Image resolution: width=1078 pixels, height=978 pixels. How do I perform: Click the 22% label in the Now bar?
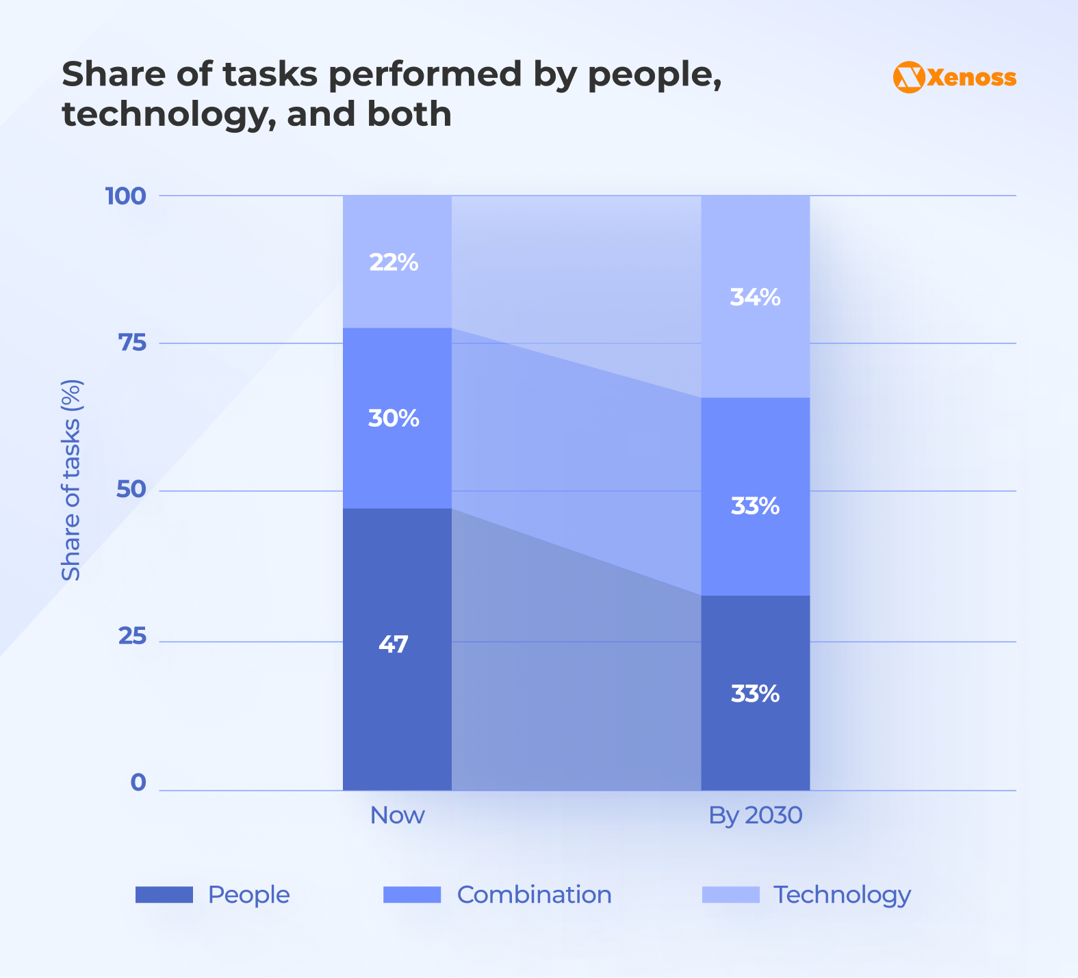tap(394, 263)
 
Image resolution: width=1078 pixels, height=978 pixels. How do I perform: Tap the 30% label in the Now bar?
tap(394, 418)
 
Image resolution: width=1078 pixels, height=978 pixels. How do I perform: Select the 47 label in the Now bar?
tap(394, 644)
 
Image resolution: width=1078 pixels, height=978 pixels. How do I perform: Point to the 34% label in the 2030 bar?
tap(755, 298)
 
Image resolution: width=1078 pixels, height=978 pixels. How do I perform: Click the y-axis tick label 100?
tap(125, 196)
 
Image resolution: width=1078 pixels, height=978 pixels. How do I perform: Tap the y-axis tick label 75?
tap(133, 343)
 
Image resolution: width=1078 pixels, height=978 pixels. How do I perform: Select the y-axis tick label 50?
tap(132, 490)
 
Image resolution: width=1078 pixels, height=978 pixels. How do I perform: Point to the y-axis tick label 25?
tap(133, 637)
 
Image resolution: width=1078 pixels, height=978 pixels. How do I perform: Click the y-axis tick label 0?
tap(138, 782)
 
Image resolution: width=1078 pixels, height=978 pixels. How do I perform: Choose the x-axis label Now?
tap(397, 815)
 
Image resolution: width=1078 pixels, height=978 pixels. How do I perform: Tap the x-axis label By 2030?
tap(755, 815)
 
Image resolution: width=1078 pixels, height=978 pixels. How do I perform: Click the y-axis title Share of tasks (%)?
tap(71, 480)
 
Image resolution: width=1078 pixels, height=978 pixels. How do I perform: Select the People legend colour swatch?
tap(164, 895)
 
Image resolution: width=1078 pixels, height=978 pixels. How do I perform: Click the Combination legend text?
tap(534, 895)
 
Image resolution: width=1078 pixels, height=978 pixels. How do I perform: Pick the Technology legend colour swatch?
tap(730, 895)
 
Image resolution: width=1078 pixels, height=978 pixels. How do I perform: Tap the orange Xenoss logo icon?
tap(909, 77)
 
